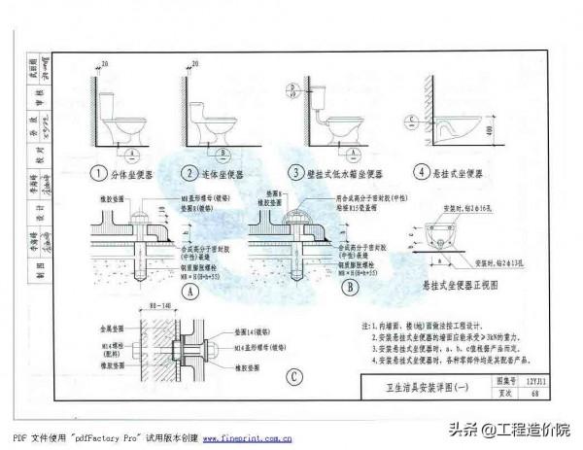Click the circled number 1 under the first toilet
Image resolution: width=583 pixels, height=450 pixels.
pos(98,175)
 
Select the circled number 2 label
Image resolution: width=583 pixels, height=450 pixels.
pos(189,175)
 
